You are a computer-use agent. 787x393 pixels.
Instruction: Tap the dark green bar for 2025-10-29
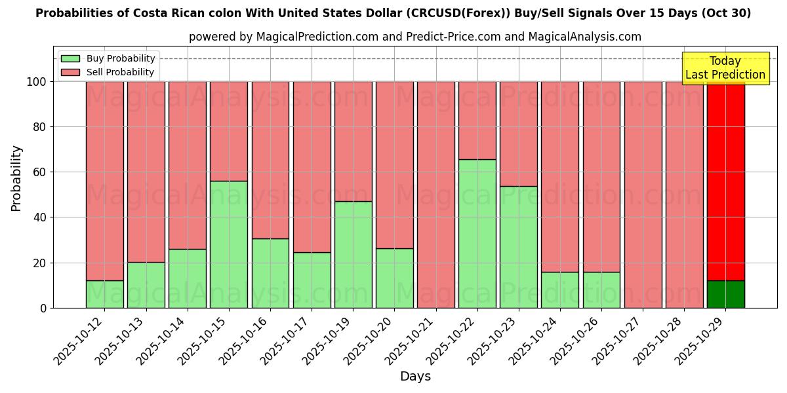725,294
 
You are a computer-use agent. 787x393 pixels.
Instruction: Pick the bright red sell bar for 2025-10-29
725,181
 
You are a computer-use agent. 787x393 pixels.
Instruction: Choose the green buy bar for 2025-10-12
105,294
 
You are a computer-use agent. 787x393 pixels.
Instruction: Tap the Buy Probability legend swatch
70,58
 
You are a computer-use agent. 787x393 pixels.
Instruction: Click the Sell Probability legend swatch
70,72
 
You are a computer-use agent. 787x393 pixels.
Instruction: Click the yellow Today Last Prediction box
725,68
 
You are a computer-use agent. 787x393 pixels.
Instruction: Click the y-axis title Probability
16,178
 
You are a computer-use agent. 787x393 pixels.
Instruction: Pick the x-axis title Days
415,376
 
